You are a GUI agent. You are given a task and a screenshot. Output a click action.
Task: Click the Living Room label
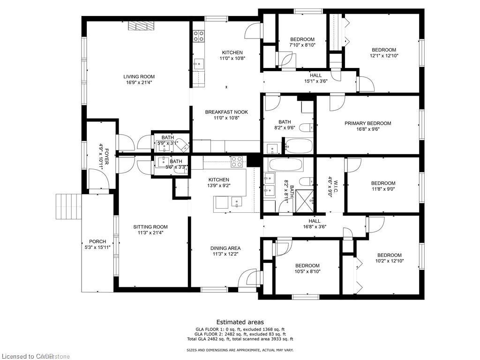[x=139, y=77]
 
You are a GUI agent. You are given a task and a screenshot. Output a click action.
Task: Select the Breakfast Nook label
[x=226, y=112]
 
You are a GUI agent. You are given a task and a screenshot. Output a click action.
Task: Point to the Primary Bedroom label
[x=367, y=123]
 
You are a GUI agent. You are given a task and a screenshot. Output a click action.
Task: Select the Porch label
[x=98, y=241]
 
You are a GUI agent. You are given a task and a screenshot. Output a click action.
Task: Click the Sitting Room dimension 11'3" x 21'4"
[x=150, y=233]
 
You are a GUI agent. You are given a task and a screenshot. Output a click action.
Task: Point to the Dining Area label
[x=225, y=248]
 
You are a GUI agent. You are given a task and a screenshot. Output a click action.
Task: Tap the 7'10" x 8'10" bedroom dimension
[x=302, y=45]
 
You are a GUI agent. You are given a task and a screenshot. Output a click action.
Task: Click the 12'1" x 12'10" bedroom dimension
[x=384, y=56]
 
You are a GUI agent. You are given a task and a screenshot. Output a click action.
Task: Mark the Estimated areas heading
[x=240, y=322]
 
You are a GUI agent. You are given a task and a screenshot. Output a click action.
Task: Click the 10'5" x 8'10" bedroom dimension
[x=307, y=271]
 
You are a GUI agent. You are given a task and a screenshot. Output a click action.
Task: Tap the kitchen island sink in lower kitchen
[x=237, y=203]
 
